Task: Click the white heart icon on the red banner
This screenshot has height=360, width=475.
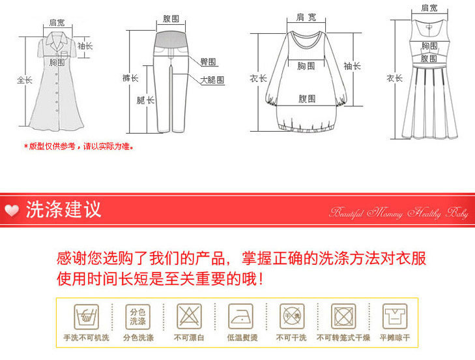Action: click(x=11, y=210)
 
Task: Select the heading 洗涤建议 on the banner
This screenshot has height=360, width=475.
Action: click(x=63, y=209)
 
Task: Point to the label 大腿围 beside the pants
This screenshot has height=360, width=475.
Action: click(x=212, y=80)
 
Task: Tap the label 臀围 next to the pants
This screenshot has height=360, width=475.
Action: click(x=209, y=62)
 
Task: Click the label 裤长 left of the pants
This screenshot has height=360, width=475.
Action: click(x=130, y=78)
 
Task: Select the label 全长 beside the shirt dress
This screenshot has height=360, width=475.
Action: click(x=24, y=80)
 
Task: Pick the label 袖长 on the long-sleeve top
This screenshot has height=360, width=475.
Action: click(x=353, y=66)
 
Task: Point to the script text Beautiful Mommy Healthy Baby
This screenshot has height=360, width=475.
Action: click(x=399, y=213)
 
